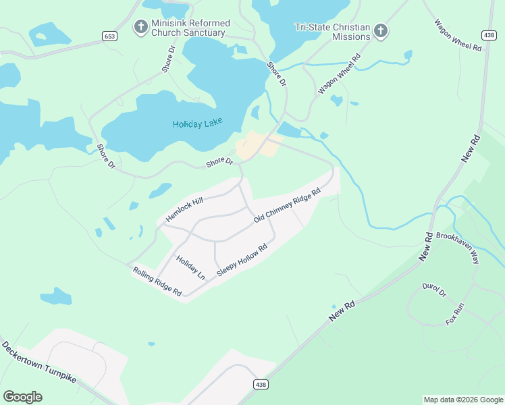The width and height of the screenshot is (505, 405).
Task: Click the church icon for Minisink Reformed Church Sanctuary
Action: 141,27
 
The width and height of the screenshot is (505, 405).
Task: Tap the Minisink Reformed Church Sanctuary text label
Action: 189,28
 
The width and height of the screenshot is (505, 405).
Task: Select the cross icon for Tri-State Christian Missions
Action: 381,31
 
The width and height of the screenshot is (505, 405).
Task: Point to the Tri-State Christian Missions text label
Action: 332,32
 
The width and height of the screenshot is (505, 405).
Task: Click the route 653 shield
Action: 109,35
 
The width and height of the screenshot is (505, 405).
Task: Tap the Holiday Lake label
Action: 197,124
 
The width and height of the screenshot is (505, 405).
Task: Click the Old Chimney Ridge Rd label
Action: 286,206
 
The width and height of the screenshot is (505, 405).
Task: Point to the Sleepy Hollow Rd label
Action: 242,259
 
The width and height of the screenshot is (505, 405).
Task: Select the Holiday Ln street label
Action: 190,267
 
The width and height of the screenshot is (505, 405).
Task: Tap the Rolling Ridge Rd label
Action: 157,281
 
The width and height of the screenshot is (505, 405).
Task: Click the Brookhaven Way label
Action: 457,248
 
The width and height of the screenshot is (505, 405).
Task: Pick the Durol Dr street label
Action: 434,290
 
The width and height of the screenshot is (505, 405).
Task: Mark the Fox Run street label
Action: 455,315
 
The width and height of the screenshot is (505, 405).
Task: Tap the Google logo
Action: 22,397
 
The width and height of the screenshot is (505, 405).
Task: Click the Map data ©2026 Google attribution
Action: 462,400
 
